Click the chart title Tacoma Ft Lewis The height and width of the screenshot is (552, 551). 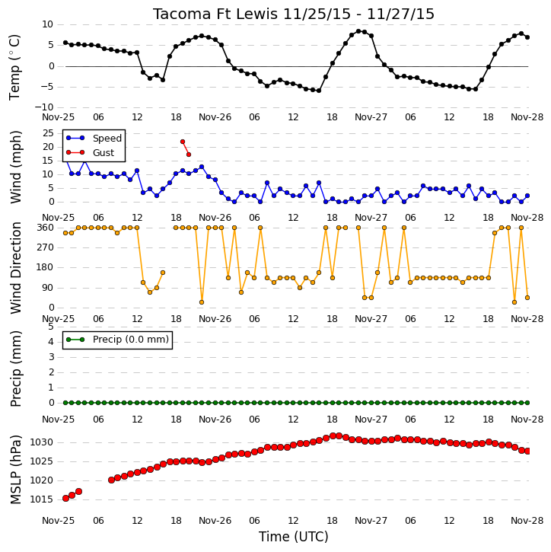pyautogui.click(x=215, y=14)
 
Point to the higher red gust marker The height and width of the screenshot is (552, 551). pyautogui.click(x=183, y=142)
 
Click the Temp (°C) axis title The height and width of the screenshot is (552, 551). pyautogui.click(x=14, y=67)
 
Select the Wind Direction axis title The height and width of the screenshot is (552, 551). pyautogui.click(x=16, y=268)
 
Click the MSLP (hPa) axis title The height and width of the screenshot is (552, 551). pyautogui.click(x=16, y=470)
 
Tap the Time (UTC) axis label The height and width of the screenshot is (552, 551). pyautogui.click(x=294, y=537)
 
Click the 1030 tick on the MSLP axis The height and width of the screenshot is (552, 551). pyautogui.click(x=42, y=442)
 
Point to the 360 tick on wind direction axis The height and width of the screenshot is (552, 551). pyautogui.click(x=46, y=228)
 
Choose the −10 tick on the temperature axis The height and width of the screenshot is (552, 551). pyautogui.click(x=44, y=107)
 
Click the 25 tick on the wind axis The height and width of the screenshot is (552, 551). pyautogui.click(x=48, y=133)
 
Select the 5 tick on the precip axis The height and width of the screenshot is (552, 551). pyautogui.click(x=51, y=327)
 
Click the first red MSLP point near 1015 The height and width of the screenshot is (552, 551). pyautogui.click(x=65, y=498)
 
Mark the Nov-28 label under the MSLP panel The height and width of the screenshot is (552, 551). pyautogui.click(x=527, y=521)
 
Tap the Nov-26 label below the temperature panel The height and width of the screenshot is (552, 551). pyautogui.click(x=215, y=117)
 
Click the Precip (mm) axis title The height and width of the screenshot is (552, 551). pyautogui.click(x=16, y=369)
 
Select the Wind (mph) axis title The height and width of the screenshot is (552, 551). pyautogui.click(x=16, y=167)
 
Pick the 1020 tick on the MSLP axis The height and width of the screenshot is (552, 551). pyautogui.click(x=42, y=480)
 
